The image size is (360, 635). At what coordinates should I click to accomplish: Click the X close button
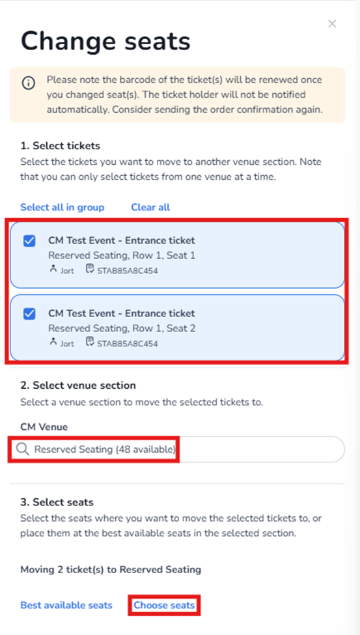tap(332, 24)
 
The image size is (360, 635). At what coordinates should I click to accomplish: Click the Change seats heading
tap(105, 41)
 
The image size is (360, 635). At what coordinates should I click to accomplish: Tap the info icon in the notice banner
tap(29, 83)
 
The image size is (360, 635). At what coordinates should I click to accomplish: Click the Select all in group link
tap(62, 207)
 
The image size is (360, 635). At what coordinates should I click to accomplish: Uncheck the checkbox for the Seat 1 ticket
tap(29, 241)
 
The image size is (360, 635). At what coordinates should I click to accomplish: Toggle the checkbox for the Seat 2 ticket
tap(29, 314)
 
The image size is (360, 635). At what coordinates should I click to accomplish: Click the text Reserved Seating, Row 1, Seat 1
tap(122, 255)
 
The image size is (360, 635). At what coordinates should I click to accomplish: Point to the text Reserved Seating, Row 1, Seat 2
tap(122, 328)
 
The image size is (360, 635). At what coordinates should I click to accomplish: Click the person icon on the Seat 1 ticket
tap(53, 270)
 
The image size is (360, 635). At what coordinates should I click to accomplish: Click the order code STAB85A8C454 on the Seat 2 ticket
tap(127, 344)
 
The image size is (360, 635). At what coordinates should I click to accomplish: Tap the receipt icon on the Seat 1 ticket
tap(89, 270)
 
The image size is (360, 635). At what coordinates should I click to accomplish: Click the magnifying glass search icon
tap(23, 449)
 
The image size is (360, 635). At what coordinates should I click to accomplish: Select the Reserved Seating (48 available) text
tap(104, 449)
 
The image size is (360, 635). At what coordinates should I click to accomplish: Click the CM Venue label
tap(44, 427)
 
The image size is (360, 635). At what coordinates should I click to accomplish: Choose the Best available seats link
tap(66, 606)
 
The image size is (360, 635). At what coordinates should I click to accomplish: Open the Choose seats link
tap(164, 606)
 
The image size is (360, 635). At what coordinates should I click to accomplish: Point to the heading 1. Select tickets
tap(61, 146)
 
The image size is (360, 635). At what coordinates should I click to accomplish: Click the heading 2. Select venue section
tap(78, 386)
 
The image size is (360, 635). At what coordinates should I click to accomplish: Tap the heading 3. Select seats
tap(57, 502)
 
